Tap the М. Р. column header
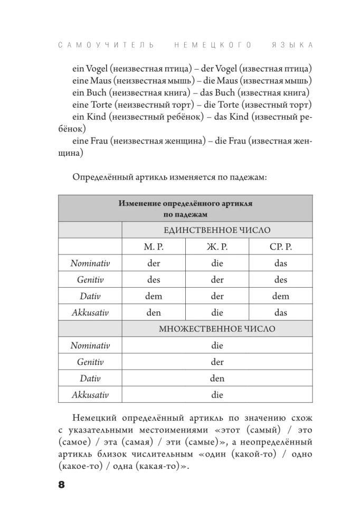tap(154, 247)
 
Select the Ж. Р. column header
tap(217, 247)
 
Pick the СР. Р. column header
tap(280, 247)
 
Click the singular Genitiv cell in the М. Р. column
tap(154, 280)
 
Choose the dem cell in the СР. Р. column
tap(280, 296)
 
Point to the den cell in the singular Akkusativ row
tap(154, 313)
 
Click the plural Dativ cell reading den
tap(217, 379)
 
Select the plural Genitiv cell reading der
tap(217, 362)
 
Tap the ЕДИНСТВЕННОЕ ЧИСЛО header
tap(217, 230)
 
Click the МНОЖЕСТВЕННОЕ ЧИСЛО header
tap(217, 329)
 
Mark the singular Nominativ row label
tap(90, 263)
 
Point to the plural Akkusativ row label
tap(90, 395)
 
